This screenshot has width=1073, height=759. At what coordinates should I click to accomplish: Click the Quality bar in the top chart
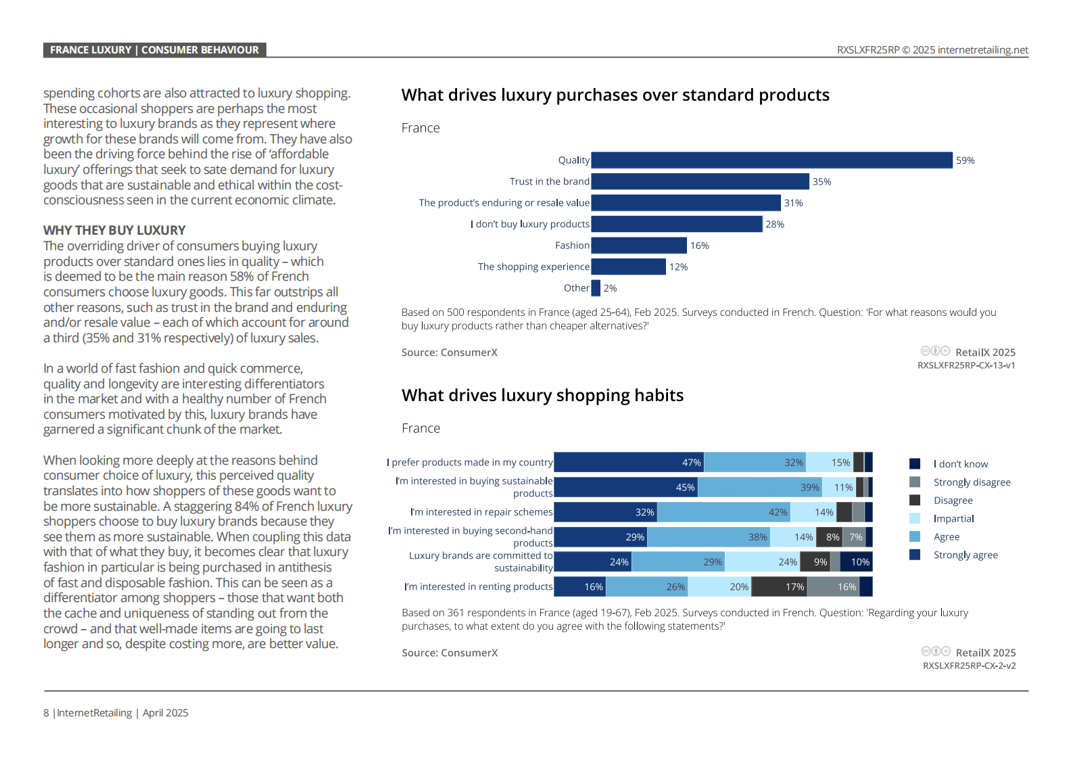[771, 160]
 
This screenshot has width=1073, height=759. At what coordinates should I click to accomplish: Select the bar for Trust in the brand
[700, 181]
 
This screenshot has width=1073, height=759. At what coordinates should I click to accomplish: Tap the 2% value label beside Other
[610, 288]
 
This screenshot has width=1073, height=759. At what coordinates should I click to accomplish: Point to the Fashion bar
[639, 246]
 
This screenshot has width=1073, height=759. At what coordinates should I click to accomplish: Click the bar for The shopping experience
[629, 267]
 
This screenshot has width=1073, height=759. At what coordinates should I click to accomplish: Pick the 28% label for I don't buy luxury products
[775, 225]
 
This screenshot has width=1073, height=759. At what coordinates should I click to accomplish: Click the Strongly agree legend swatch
[914, 555]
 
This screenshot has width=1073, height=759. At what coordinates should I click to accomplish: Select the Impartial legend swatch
[914, 518]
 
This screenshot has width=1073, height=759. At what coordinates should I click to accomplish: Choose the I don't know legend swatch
[914, 464]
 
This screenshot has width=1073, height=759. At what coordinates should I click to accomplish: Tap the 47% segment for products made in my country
[629, 462]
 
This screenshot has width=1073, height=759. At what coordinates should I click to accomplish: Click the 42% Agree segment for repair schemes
[723, 511]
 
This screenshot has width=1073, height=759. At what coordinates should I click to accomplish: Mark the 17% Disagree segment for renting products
[779, 586]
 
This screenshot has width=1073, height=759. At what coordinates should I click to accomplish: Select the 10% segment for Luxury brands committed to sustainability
[857, 561]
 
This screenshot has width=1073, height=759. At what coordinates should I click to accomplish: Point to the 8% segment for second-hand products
[829, 536]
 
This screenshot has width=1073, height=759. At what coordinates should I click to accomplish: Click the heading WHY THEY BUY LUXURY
[114, 231]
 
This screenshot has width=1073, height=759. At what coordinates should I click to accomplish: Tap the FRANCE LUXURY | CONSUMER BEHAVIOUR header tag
[154, 50]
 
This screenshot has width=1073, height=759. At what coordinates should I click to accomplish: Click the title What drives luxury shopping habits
[542, 395]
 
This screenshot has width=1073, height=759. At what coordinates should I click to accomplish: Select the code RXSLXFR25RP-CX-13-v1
[965, 365]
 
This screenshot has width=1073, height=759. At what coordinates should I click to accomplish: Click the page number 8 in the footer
[46, 712]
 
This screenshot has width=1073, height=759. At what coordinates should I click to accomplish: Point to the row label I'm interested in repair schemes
[481, 511]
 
